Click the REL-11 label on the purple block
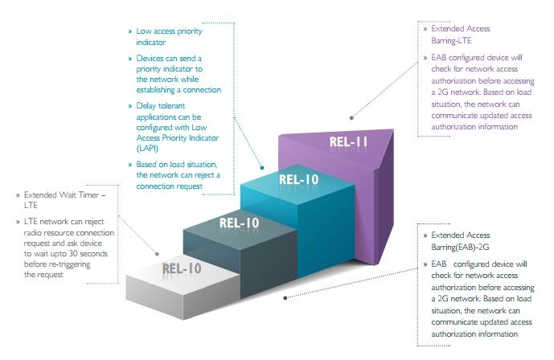pos(347,143)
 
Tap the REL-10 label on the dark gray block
pos(240,223)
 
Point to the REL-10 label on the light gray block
pos(182,268)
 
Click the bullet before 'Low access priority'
pos(129,32)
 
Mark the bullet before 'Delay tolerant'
pos(129,105)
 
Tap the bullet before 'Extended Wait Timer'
pos(17,194)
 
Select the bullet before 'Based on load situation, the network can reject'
pos(129,165)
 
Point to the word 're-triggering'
pos(73,264)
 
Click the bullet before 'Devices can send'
pos(129,59)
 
